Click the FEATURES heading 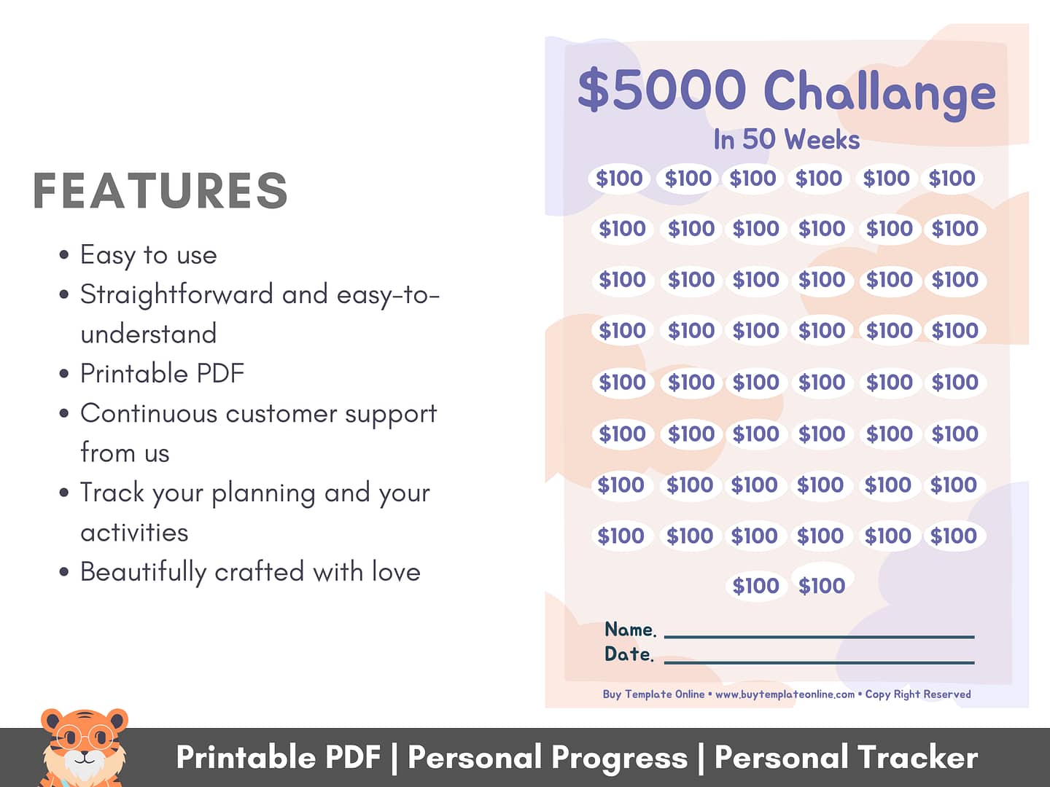(x=160, y=191)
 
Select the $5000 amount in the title (x=661, y=90)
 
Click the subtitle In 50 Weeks (x=787, y=139)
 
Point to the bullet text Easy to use (x=148, y=255)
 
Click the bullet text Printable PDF (x=162, y=373)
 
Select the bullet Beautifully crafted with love (x=250, y=572)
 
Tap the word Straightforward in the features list (x=176, y=294)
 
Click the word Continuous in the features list (x=149, y=413)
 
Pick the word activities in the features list (x=134, y=532)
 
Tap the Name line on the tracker (x=819, y=637)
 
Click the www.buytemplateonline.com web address (x=785, y=694)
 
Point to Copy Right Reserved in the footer (x=918, y=694)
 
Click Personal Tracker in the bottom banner (x=847, y=758)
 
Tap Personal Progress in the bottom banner (x=548, y=758)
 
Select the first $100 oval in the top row (x=619, y=179)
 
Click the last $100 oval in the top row (x=952, y=179)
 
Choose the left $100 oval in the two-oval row (x=756, y=586)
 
